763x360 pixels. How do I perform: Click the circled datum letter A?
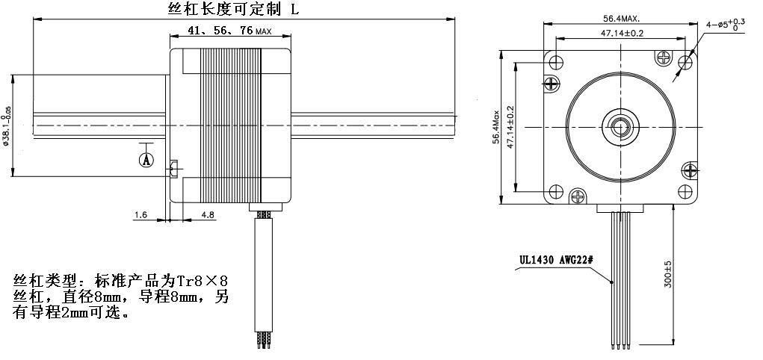(x=146, y=159)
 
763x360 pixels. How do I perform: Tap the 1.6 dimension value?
(x=140, y=215)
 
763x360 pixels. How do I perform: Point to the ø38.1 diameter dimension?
(x=7, y=125)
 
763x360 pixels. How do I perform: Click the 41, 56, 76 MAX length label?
(x=220, y=31)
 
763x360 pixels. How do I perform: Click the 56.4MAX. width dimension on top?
(x=620, y=19)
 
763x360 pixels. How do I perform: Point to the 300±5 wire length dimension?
(x=668, y=274)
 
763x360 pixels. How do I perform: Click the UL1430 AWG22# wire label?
(x=556, y=261)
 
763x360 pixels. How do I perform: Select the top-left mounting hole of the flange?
(x=554, y=60)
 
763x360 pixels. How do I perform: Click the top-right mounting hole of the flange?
(x=685, y=60)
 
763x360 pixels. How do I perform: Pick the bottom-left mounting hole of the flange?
(x=554, y=191)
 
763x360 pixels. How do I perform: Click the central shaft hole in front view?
(x=620, y=125)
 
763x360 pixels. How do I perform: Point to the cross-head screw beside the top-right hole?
(x=664, y=56)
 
